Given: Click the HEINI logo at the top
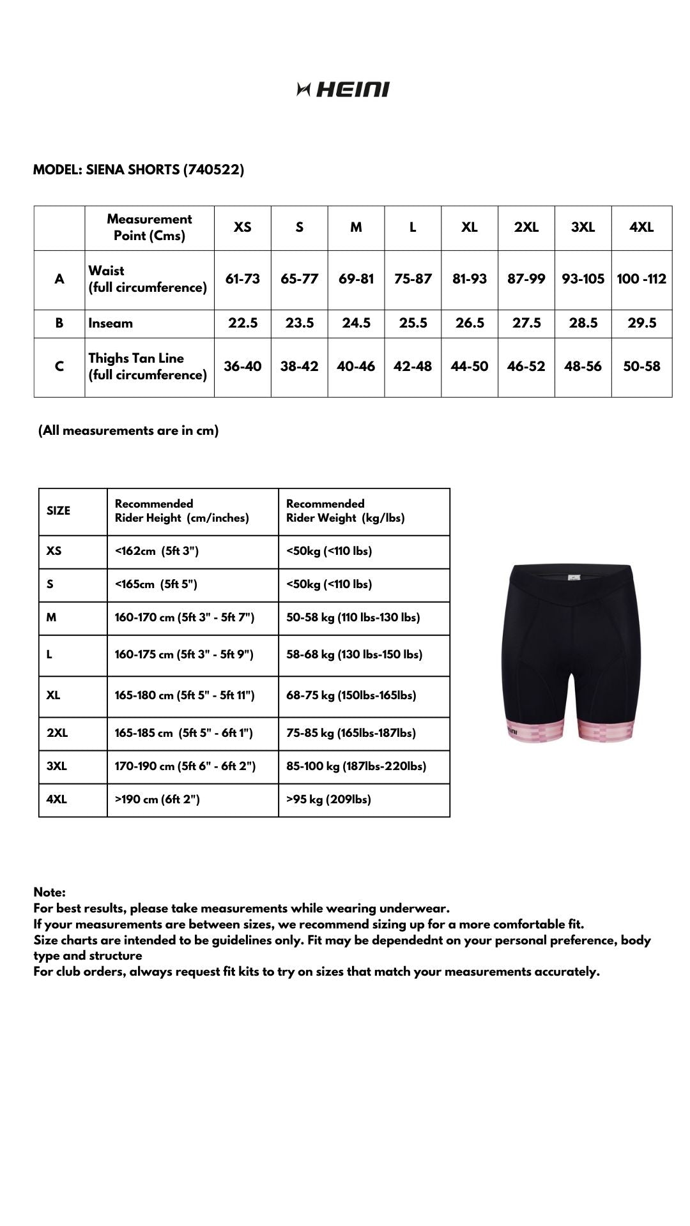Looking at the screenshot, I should pos(344,89).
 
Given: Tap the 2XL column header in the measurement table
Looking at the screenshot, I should pos(526,227).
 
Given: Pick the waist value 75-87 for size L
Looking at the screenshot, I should pos(413,279).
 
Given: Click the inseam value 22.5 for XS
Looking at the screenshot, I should pos(243,323).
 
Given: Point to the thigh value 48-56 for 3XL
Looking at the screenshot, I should pos(583,367).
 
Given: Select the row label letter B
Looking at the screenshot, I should pos(59,323).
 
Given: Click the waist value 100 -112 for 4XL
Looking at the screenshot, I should pos(641,279).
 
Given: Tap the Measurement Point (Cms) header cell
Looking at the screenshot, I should pos(149,227).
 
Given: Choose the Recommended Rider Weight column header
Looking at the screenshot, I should pos(346,511).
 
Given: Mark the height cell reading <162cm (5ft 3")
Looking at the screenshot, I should pos(157,551).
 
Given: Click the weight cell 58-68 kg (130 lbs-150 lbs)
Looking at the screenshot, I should pos(354,655).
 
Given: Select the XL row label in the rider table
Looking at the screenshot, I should pos(54,695).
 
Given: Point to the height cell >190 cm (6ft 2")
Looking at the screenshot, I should pos(157,799).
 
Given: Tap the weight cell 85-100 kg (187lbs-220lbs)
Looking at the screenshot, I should pos(356,766).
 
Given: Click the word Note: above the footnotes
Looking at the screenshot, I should pos(50,892).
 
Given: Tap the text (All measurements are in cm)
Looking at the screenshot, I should pos(128,430).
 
